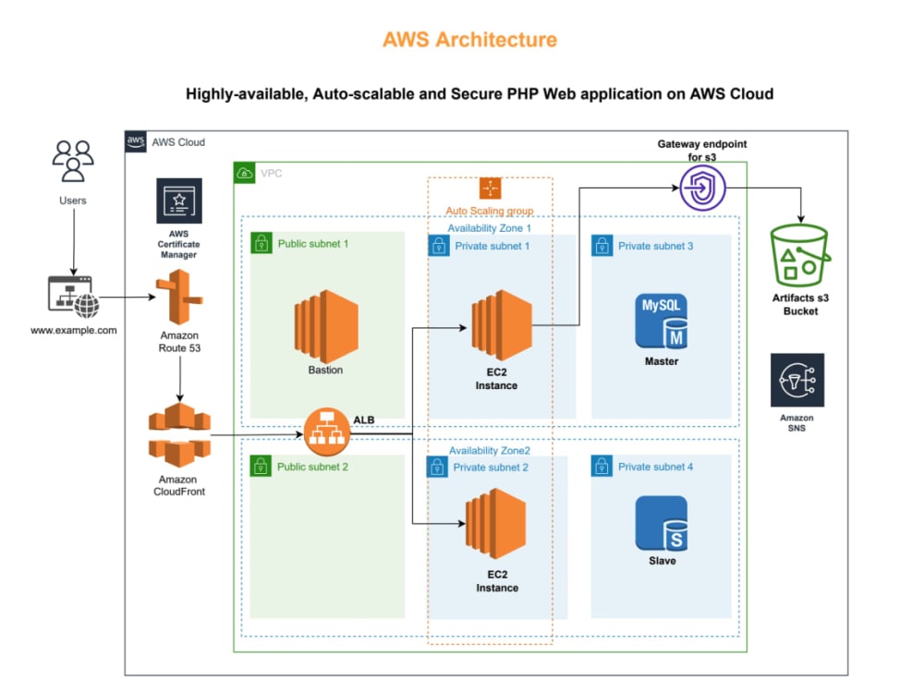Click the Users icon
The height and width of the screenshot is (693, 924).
coord(72,162)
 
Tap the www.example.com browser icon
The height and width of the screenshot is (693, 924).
coord(71,297)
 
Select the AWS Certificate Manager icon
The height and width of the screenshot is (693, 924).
coord(179,201)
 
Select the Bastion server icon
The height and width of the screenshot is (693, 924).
coord(324,327)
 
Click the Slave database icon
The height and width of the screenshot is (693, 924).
coord(662,523)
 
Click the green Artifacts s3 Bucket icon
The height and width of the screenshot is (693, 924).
coord(800,256)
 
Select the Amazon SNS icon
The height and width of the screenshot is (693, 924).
coord(797,380)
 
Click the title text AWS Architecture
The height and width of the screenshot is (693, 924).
coord(470,40)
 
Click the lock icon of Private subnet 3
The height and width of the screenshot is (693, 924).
coord(602,246)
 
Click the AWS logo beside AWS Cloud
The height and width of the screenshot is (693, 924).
coord(136,141)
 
